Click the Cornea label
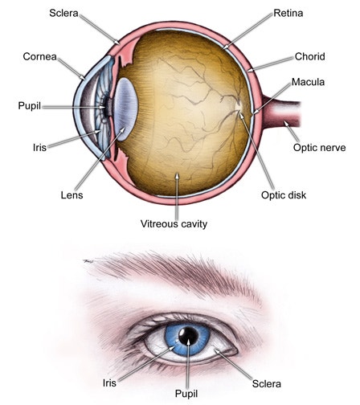tap(39, 56)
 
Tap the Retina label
tap(288, 13)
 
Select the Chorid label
tap(310, 56)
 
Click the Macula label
tap(308, 82)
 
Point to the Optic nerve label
tap(319, 148)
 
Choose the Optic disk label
tap(284, 195)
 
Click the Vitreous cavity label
tap(174, 224)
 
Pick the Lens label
tap(72, 195)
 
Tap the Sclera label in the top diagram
tap(63, 13)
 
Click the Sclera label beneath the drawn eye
tap(267, 384)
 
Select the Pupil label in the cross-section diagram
tap(30, 105)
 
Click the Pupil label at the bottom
tap(186, 394)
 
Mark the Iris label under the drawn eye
tap(109, 382)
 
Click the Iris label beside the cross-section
tap(39, 147)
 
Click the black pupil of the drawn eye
tap(189, 335)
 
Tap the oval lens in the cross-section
tap(125, 109)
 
